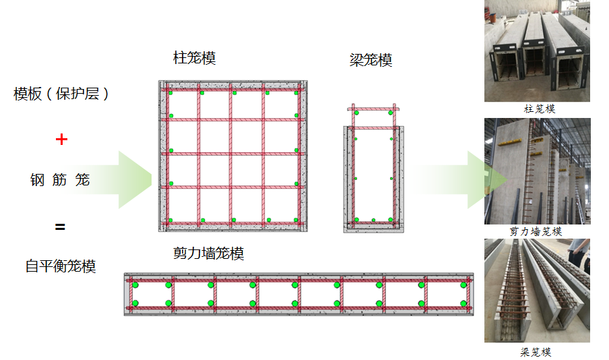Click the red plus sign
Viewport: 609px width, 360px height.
tap(61, 139)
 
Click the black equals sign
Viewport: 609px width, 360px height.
tap(60, 227)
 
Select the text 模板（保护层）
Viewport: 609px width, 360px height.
tap(61, 94)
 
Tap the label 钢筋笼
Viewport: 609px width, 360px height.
tap(60, 180)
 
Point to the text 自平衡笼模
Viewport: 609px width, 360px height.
tap(61, 266)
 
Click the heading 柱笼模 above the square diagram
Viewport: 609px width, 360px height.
tap(195, 58)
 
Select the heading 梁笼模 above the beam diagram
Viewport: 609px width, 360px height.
tap(371, 60)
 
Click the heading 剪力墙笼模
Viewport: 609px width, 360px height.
tap(209, 253)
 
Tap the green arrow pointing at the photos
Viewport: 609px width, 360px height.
tap(462, 179)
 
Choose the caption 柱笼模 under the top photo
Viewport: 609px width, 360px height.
tap(540, 109)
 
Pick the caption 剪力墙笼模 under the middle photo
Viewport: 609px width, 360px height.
tap(536, 231)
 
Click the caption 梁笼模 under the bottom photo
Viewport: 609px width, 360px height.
tap(536, 352)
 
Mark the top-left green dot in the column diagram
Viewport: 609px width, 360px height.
tap(170, 92)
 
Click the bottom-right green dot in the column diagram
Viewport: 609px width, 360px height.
tap(296, 220)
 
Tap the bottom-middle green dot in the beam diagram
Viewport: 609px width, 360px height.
tap(374, 220)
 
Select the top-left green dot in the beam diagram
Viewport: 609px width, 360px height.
tap(356, 113)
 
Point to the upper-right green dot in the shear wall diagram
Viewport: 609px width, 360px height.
tap(463, 285)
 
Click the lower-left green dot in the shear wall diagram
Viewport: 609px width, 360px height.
tap(135, 303)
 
